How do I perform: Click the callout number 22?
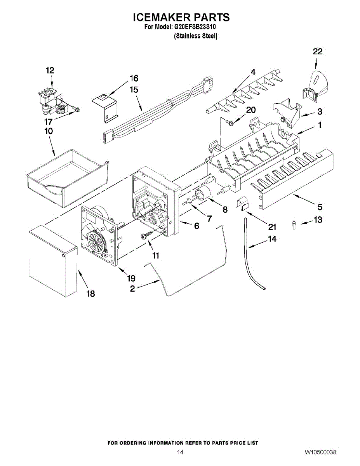318,52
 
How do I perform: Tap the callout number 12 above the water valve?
50,70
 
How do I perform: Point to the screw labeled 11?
146,236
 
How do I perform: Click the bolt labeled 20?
230,123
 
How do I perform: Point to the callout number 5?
320,207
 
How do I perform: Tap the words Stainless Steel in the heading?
196,36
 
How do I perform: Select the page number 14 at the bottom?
180,452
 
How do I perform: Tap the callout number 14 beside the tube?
272,239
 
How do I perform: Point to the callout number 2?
132,289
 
